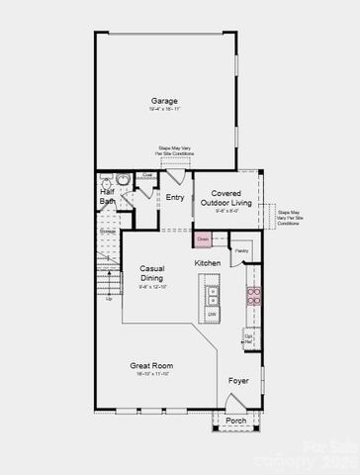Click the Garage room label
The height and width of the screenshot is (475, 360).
[164, 102]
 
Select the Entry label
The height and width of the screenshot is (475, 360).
[175, 198]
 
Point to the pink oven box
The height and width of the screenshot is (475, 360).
[202, 238]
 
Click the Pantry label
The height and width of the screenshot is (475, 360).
[242, 251]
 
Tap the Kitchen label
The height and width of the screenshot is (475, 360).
[207, 262]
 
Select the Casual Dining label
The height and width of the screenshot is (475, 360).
[151, 273]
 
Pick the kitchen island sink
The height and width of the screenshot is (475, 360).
[211, 293]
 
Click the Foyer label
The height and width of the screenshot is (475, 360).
[238, 380]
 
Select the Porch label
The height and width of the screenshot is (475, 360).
[236, 421]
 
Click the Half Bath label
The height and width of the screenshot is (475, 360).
[107, 197]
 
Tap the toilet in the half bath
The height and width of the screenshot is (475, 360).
[124, 180]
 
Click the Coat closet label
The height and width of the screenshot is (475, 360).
[146, 175]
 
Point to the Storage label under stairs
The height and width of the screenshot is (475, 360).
[107, 232]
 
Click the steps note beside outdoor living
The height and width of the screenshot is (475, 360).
[288, 218]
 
